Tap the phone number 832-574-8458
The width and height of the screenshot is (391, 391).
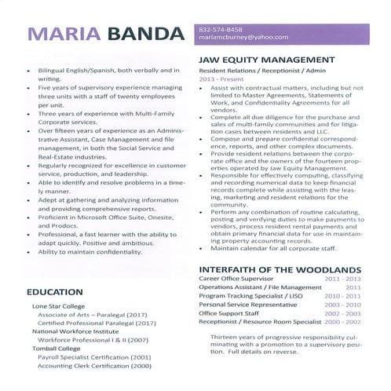(x=221, y=29)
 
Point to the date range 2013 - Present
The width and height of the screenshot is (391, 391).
(x=219, y=79)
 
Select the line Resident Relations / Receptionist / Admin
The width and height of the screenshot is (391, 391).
(x=256, y=71)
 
